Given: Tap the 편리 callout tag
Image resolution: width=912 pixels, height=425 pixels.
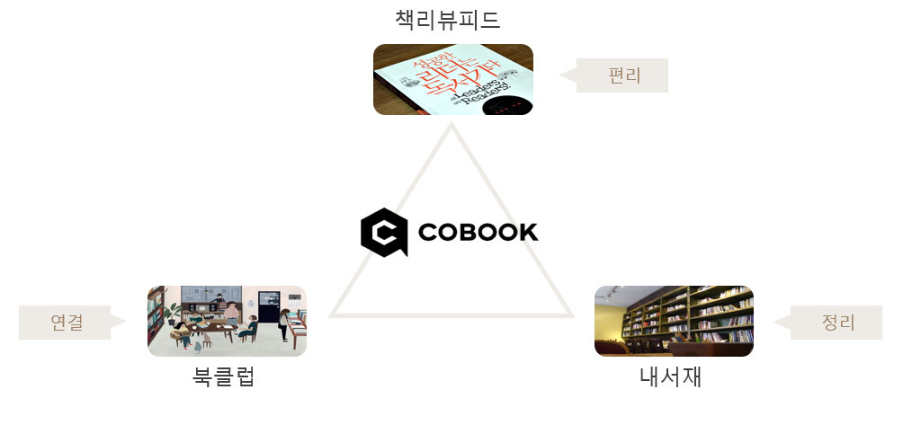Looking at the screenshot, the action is coord(622,75).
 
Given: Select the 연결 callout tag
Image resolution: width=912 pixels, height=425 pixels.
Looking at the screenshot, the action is coord(66,323).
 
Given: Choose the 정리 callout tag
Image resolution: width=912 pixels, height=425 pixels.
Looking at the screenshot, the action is coord(836,323).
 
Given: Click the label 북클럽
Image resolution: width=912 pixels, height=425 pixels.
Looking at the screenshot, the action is coord(225,376).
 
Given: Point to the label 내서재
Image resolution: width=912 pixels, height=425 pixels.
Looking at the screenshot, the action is coord(670,376).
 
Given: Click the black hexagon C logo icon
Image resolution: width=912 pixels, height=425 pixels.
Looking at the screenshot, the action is coord(383,233).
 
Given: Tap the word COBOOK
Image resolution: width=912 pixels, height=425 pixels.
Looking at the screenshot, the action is coord(478,233).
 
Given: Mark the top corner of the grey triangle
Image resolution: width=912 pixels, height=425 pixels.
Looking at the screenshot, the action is coord(452,127).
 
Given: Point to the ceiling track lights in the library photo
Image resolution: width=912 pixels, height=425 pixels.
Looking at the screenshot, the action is coord(611,293).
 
